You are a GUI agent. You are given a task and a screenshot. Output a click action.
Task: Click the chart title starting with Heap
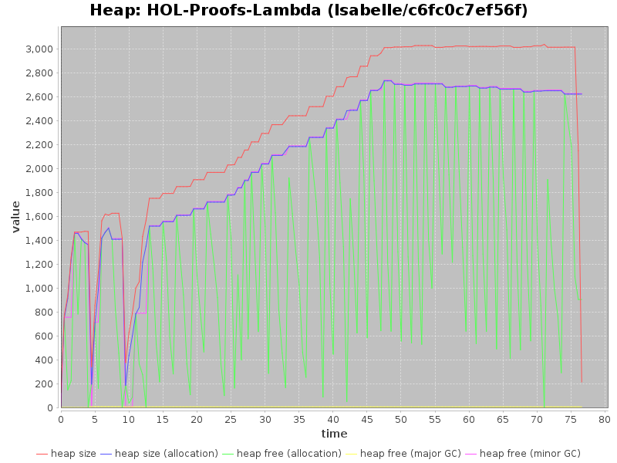(x=308, y=11)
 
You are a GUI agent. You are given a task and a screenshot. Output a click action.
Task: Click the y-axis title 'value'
(x=15, y=216)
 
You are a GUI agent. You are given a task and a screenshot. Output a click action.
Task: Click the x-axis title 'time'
(x=334, y=434)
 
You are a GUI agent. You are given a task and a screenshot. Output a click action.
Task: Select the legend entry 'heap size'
(x=73, y=454)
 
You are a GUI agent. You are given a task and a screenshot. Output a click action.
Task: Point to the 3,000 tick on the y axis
(x=38, y=49)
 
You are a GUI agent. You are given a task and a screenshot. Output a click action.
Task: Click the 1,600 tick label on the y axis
(x=38, y=216)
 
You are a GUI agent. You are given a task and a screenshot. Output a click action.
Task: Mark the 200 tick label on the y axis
(x=44, y=384)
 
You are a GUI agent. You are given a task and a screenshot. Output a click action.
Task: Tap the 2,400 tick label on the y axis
(x=38, y=120)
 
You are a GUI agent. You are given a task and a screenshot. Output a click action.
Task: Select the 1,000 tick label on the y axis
(x=38, y=288)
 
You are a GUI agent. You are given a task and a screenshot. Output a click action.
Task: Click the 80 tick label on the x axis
(x=605, y=419)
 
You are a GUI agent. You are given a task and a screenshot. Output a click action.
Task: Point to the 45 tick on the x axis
(x=367, y=419)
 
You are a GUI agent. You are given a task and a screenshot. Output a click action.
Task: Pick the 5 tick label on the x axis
(x=95, y=419)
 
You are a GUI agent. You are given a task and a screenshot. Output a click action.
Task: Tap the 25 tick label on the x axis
(x=231, y=419)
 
